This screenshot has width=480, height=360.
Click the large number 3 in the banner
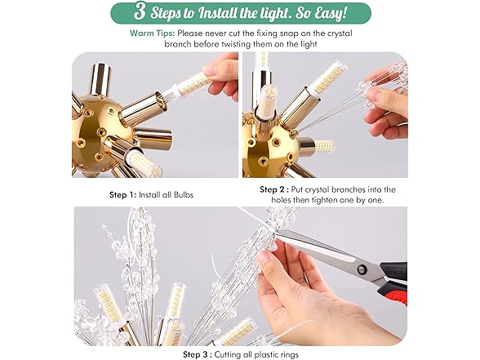[x=140, y=12]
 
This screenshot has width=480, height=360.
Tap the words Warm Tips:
[x=152, y=33]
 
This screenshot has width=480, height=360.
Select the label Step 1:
[x=122, y=195]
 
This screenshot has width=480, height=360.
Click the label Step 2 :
[x=274, y=189]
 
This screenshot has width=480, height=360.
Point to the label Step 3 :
[x=198, y=354]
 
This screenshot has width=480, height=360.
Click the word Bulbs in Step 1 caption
[x=184, y=195]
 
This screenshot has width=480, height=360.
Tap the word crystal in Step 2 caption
[x=314, y=189]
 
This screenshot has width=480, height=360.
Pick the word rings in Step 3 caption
[x=288, y=355]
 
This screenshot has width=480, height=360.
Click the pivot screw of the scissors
[x=362, y=269]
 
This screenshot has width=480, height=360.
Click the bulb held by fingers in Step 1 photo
[x=190, y=85]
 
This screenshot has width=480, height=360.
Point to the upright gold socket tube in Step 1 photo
[x=101, y=78]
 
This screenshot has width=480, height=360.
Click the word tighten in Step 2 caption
[x=324, y=200]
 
